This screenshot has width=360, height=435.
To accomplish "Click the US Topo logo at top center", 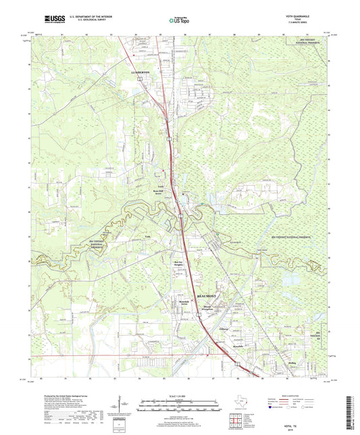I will pyautogui.click(x=178, y=21).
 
